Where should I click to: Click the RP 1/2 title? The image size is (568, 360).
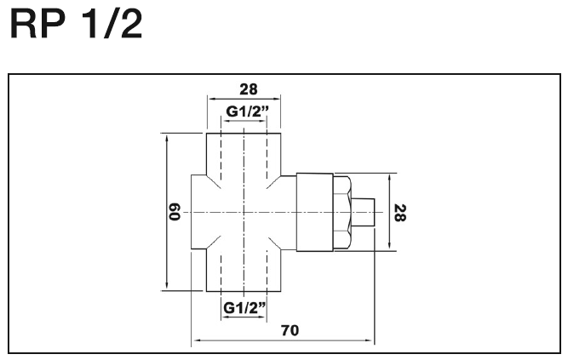[x=77, y=24]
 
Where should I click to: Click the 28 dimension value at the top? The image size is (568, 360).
[x=249, y=89]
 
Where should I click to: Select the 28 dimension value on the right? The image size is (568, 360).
[x=400, y=213]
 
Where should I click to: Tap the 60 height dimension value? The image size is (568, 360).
[x=175, y=212]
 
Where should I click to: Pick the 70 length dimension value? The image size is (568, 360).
[x=290, y=330]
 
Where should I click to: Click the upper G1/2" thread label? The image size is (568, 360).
[x=248, y=111]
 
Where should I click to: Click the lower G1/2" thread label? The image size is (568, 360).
[x=244, y=308]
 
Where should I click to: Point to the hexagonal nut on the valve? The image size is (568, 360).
[x=342, y=212]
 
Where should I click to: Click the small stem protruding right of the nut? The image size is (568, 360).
[x=363, y=213]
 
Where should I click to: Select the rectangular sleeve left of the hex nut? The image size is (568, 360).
[x=315, y=212]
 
